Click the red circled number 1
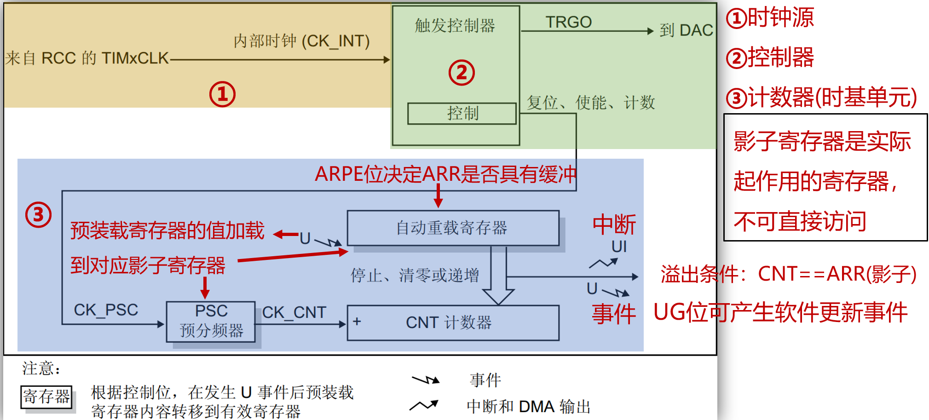222,94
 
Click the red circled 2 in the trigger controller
462,73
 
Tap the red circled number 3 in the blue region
38,215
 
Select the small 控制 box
462,113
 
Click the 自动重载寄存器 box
453,228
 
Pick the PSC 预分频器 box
211,322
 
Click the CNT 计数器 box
453,322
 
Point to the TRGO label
568,22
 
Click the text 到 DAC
686,30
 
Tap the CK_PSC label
106,310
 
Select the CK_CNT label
294,312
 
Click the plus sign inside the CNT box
357,322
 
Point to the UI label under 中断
619,247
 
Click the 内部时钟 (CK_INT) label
301,41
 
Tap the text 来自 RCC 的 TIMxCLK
87,58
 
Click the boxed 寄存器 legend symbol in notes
46,397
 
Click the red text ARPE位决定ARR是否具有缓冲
445,174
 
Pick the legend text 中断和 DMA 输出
528,407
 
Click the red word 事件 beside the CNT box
613,314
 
